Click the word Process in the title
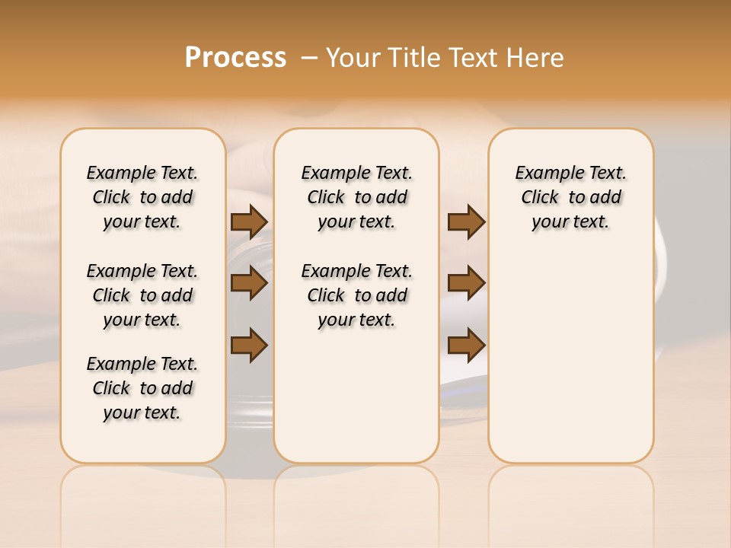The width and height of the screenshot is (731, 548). pos(235,58)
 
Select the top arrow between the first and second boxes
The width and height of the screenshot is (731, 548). pos(249,221)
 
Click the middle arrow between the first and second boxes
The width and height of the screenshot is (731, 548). pos(249,283)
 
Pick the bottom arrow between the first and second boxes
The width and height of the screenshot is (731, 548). pos(249,345)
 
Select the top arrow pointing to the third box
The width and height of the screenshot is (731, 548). pos(466,221)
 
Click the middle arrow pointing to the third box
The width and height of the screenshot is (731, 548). pos(466,283)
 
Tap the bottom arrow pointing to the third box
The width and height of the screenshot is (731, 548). pos(466,345)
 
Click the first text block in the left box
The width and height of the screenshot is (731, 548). pos(142,197)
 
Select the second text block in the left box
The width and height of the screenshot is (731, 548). pos(142,295)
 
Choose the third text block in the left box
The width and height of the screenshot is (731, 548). pos(142,388)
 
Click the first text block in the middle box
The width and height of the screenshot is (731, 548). pos(356,197)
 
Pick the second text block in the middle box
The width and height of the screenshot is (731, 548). pos(356,295)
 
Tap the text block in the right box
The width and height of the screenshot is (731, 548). pos(570,197)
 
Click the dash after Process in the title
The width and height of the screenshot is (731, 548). pos(308,58)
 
